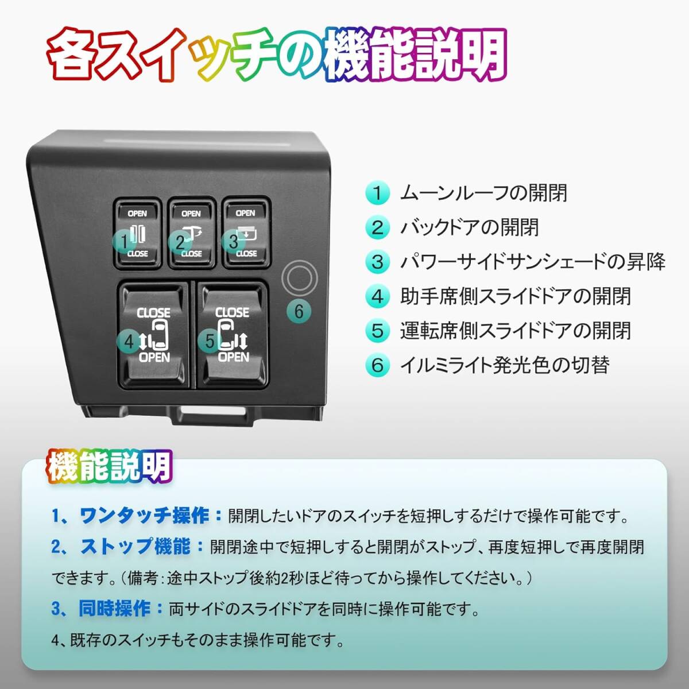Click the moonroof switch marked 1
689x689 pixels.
click(137, 233)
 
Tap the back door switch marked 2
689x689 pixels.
click(191, 233)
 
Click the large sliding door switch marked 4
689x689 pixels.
click(153, 334)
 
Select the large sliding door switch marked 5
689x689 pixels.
click(232, 334)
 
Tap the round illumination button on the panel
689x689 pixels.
click(300, 278)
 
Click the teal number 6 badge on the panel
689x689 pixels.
click(299, 311)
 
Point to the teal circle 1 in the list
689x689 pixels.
click(377, 193)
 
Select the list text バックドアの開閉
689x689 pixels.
click(470, 227)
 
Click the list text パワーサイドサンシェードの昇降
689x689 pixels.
click(532, 262)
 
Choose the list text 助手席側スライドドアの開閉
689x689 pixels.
click(515, 296)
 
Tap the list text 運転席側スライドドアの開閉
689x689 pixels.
click(515, 331)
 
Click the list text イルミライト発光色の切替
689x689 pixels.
click(505, 365)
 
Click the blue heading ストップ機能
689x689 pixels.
click(136, 547)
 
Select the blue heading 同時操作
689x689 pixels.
click(114, 609)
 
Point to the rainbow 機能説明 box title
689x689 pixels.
click(109, 466)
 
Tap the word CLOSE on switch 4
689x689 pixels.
click(153, 313)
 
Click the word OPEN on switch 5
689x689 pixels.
click(233, 357)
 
